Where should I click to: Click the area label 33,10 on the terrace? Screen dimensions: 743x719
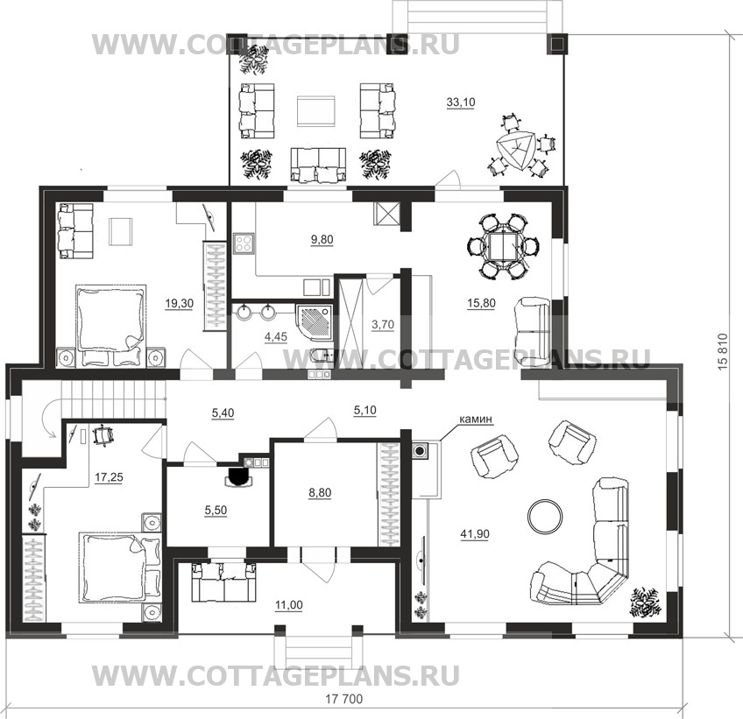[x=461, y=102]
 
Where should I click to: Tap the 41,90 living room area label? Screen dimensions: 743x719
[x=475, y=534]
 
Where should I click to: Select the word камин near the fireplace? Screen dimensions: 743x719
[x=476, y=419]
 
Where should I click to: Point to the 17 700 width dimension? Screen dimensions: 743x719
[x=344, y=699]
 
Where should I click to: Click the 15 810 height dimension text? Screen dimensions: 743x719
[x=723, y=352]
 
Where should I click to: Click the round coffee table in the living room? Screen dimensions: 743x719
[x=546, y=515]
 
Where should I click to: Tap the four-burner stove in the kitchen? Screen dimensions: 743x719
[x=244, y=243]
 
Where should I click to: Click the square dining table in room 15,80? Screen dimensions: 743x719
[x=502, y=246]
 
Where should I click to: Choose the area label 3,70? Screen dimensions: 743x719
[x=382, y=325]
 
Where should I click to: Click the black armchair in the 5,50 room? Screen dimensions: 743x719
[x=239, y=477]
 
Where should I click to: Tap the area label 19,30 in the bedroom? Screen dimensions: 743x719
[x=179, y=303]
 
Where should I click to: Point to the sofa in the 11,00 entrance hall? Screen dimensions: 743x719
[x=223, y=582]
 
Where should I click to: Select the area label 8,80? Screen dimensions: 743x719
[x=320, y=492]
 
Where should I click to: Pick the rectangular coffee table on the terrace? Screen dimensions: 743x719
[x=316, y=111]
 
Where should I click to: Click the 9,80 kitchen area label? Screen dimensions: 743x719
[x=322, y=240]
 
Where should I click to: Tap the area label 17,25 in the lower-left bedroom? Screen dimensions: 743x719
[x=109, y=477]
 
